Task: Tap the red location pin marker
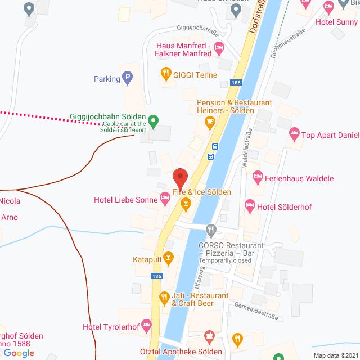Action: (180, 178)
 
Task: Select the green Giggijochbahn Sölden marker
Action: (156, 120)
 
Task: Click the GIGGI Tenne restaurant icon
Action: (165, 73)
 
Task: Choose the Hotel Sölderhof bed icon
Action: (250, 206)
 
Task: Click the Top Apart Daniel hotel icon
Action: (294, 134)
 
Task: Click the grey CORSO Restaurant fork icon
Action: (211, 229)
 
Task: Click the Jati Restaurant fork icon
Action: (164, 296)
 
